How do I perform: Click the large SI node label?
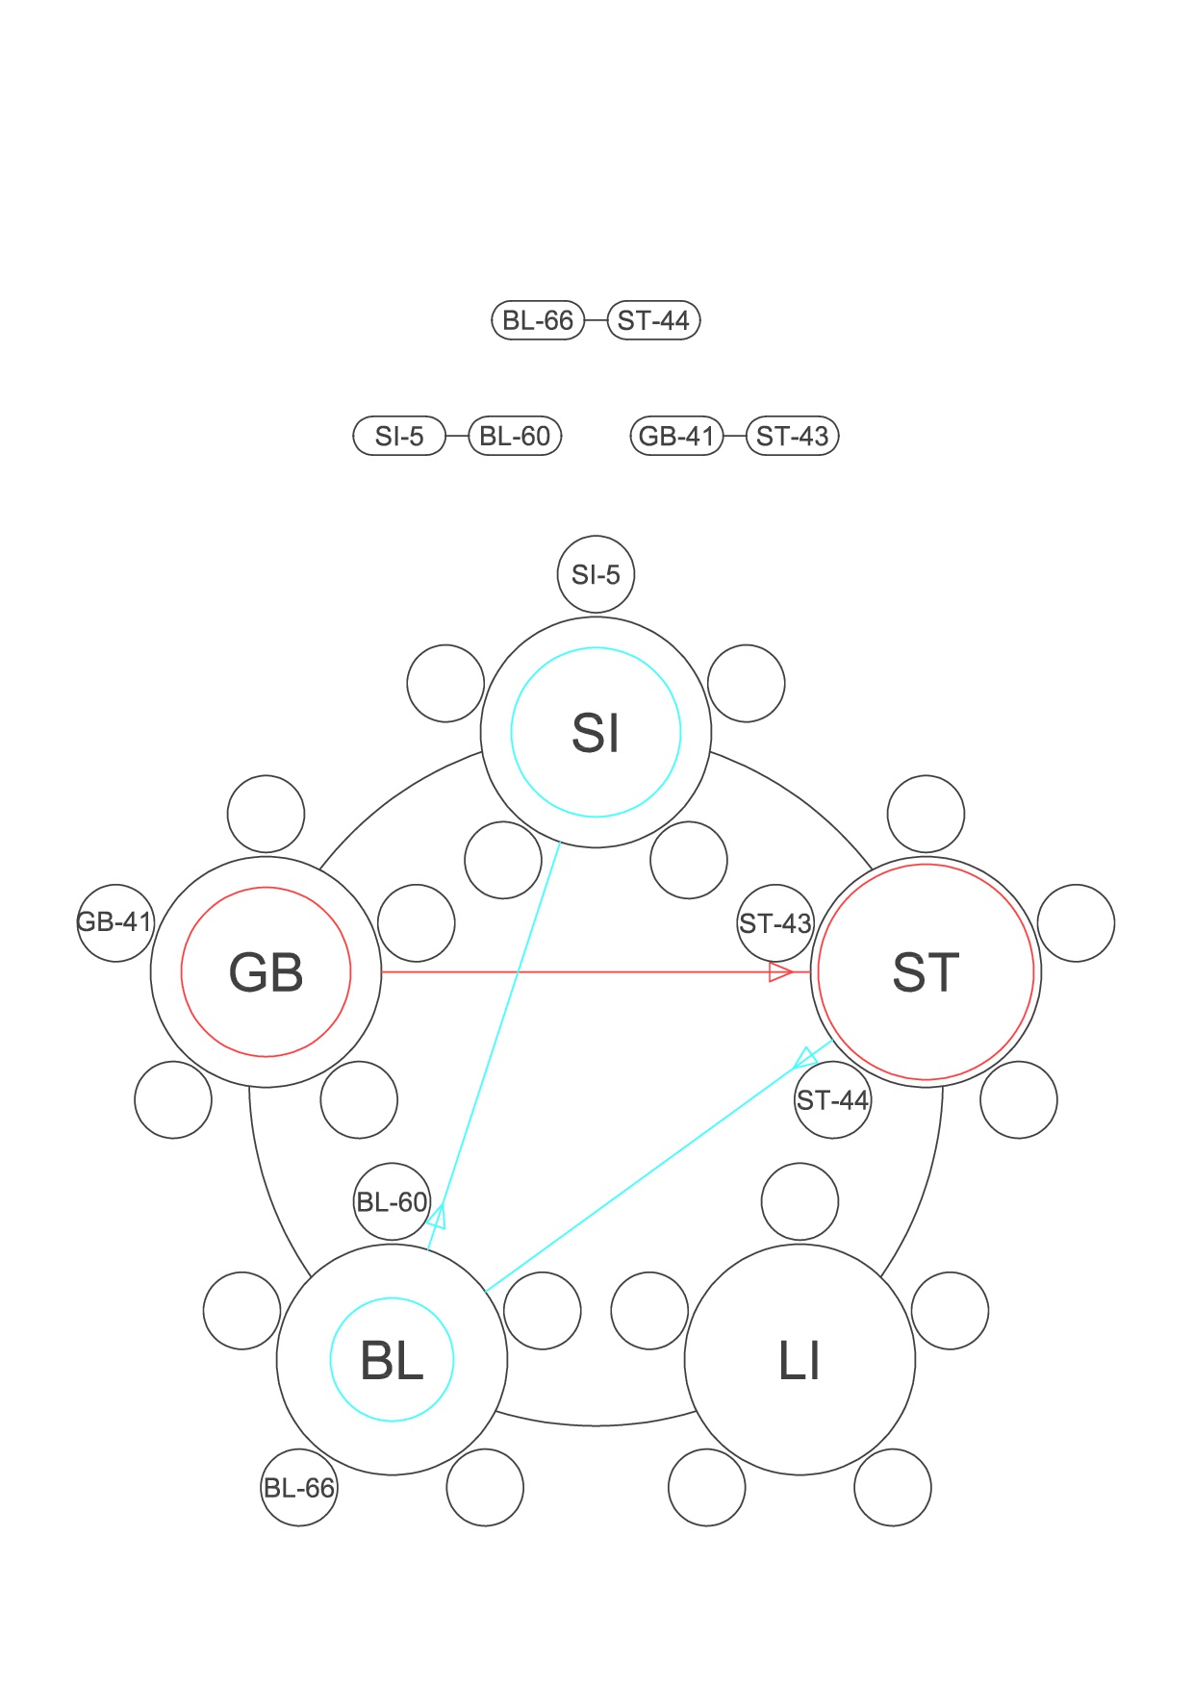596,733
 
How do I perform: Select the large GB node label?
267,972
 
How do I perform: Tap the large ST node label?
926,972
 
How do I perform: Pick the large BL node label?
392,1360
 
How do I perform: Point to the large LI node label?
800,1360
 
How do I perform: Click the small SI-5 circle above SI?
596,574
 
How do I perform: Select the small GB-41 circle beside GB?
115,922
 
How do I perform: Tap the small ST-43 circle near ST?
775,923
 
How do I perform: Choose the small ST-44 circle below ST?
833,1099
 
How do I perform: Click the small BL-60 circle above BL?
392,1201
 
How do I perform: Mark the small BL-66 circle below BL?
299,1488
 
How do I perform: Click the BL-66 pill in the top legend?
538,320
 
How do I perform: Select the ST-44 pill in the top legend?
654,320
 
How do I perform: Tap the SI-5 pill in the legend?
399,436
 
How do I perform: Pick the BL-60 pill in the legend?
515,436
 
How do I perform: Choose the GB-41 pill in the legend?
676,436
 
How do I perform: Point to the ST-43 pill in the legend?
793,436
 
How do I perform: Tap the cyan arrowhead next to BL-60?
438,1217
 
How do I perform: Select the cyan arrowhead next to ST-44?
804,1059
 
